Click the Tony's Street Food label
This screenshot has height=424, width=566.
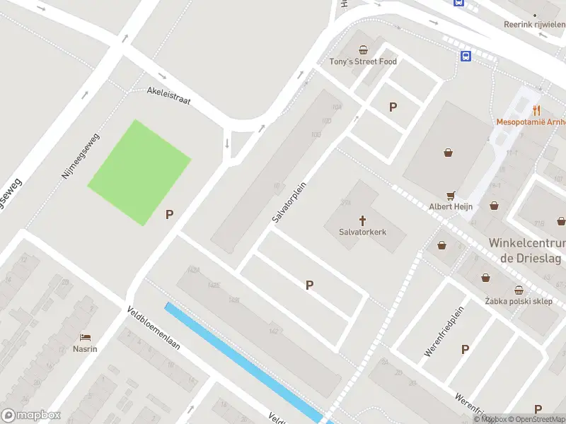point(363,61)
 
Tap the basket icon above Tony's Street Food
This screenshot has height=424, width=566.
point(363,49)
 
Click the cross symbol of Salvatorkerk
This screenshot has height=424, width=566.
point(363,220)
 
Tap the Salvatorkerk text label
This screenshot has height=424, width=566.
point(363,231)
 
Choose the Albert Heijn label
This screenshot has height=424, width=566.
point(451,206)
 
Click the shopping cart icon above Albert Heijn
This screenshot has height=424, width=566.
point(451,195)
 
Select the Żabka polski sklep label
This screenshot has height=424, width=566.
point(519,301)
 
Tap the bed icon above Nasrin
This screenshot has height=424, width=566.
point(85,337)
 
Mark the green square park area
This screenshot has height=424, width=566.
point(139,172)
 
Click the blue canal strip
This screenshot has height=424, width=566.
point(241,361)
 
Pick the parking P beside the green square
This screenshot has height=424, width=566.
point(170,214)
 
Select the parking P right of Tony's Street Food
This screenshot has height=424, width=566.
point(393,107)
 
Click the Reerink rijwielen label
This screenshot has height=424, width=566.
point(534,24)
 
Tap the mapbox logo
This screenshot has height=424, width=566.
point(32,416)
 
